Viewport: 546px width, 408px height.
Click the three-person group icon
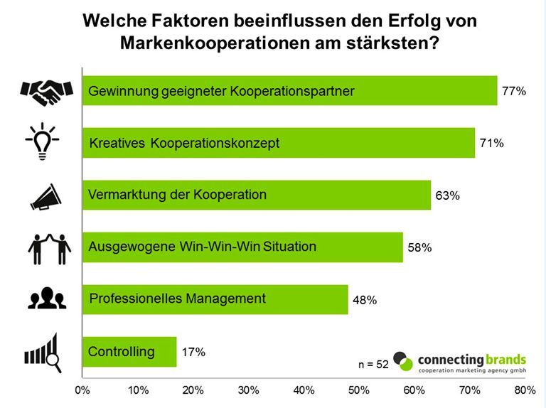46,299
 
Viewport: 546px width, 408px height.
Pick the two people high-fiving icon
50,247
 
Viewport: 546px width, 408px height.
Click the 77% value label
513,91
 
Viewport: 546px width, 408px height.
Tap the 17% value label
193,352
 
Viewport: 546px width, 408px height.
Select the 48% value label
364,300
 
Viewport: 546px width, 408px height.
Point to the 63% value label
447,195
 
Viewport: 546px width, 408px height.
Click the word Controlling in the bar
121,351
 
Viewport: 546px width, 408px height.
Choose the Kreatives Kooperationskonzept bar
278,143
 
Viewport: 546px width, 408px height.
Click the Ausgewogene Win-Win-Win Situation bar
242,247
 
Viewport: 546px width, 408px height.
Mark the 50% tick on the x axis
359,390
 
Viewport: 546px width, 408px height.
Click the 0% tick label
82,390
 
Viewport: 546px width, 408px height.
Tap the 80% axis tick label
525,390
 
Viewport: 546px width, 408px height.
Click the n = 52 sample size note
373,364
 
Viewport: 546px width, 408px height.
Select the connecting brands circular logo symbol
402,361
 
